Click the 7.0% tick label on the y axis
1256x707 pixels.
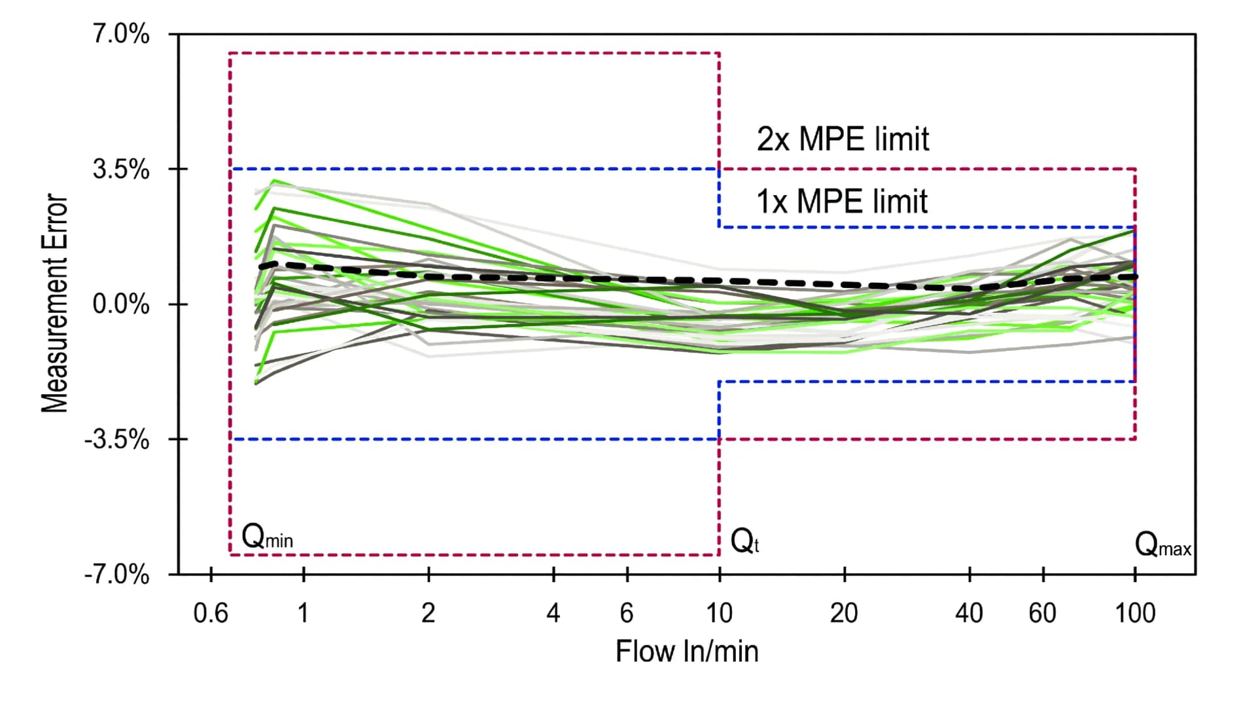pyautogui.click(x=121, y=34)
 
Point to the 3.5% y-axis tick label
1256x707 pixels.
pyautogui.click(x=121, y=170)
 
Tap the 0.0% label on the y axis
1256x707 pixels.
pyautogui.click(x=121, y=304)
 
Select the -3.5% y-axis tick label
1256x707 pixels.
pyautogui.click(x=117, y=440)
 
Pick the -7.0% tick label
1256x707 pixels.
pyautogui.click(x=117, y=575)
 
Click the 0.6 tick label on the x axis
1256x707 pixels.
pyautogui.click(x=211, y=613)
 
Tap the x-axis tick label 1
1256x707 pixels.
pyautogui.click(x=303, y=613)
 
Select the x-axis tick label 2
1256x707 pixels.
pyautogui.click(x=428, y=613)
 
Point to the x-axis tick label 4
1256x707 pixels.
pyautogui.click(x=553, y=613)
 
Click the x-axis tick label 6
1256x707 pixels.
pyautogui.click(x=627, y=613)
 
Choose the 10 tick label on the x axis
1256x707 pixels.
pyautogui.click(x=719, y=613)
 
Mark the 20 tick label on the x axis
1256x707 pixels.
pyautogui.click(x=844, y=613)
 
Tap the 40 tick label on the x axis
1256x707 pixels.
pyautogui.click(x=969, y=613)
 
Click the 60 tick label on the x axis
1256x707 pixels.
pyautogui.click(x=1042, y=613)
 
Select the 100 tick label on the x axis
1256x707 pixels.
pyautogui.click(x=1135, y=613)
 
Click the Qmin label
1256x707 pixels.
pyautogui.click(x=267, y=537)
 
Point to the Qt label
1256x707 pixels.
pyautogui.click(x=744, y=541)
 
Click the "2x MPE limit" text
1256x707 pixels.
pyautogui.click(x=843, y=139)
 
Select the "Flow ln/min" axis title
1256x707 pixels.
pyautogui.click(x=687, y=651)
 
